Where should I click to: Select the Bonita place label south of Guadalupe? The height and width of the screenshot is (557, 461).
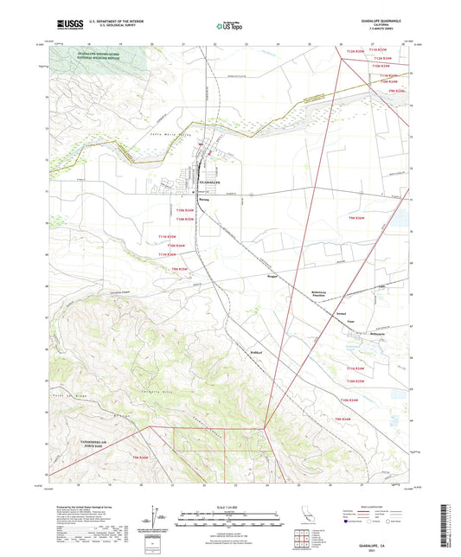click(204, 199)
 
